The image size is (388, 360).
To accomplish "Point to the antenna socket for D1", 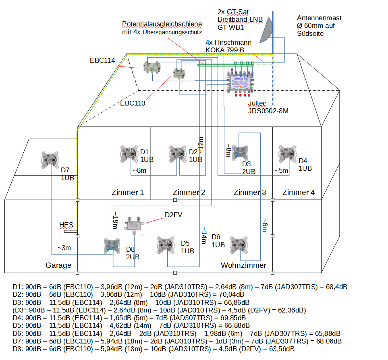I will pyautogui.click(x=129, y=154).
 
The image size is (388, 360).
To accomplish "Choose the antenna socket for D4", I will pyautogui.click(x=288, y=154).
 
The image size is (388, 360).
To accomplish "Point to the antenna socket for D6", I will pyautogui.click(x=238, y=244).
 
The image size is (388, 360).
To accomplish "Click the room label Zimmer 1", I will pyautogui.click(x=127, y=192).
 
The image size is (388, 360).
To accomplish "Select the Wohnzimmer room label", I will pyautogui.click(x=243, y=265).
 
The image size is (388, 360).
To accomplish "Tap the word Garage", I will pyautogui.click(x=58, y=265).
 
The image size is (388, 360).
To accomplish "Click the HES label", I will pyautogui.click(x=66, y=225).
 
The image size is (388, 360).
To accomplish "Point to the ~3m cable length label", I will pyautogui.click(x=64, y=248).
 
